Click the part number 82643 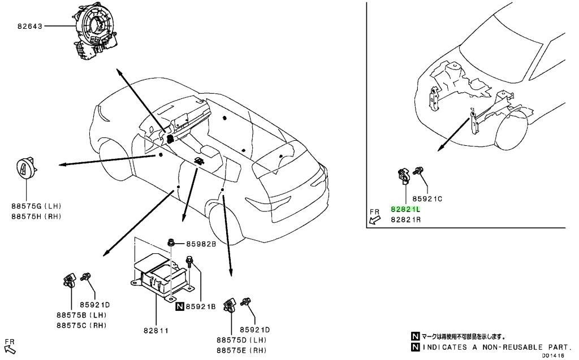point(30,27)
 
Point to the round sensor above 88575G point(27,168)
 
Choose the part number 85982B point(201,244)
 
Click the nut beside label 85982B point(171,244)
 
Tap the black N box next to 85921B point(180,306)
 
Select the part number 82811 point(156,331)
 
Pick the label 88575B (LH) point(81,315)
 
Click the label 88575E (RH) point(241,350)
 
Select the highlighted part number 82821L point(405,209)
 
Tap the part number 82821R point(405,220)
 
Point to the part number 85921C point(427,198)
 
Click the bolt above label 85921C point(418,171)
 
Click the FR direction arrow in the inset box point(375,220)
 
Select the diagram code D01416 point(553,355)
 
